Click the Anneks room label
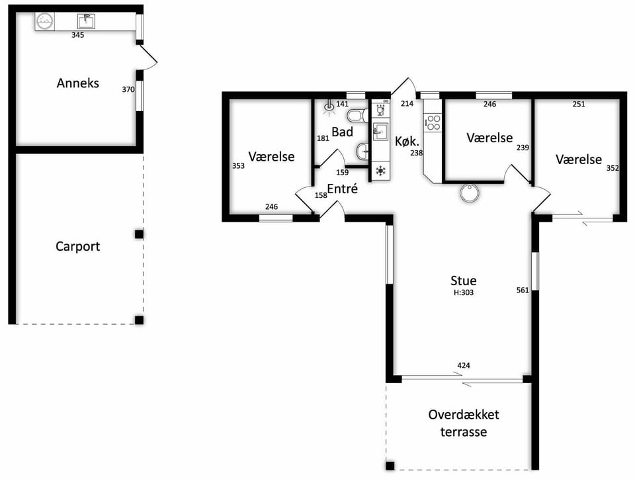tap(78, 83)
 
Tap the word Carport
tap(78, 246)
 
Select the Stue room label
tap(463, 281)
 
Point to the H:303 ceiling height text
tap(463, 292)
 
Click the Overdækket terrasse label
tap(464, 423)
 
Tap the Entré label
tap(342, 189)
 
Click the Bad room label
tap(342, 132)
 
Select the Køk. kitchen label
tap(407, 141)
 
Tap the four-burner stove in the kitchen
tap(433, 122)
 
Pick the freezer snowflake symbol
tap(381, 171)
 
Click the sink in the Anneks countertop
tap(86, 21)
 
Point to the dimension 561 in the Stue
tap(523, 290)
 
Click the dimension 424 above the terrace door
tap(464, 365)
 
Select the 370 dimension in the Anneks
tap(128, 89)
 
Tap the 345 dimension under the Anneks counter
tap(78, 35)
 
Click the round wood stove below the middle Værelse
tap(470, 193)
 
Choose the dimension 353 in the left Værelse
tap(238, 165)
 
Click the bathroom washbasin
tap(363, 152)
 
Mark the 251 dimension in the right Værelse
tap(579, 104)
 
